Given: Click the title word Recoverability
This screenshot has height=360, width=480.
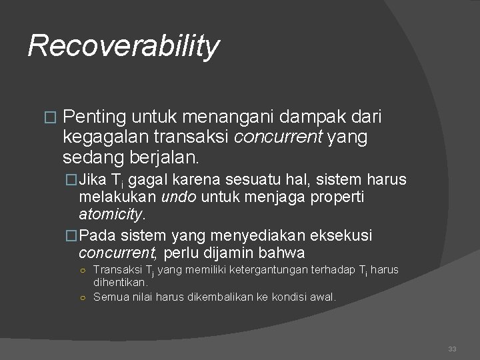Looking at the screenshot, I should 123,46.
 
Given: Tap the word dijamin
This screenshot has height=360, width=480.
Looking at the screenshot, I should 239,253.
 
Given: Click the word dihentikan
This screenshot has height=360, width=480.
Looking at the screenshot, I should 119,282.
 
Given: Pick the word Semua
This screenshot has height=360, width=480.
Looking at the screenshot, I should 109,297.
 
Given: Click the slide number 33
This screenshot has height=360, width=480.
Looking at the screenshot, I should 453,349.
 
